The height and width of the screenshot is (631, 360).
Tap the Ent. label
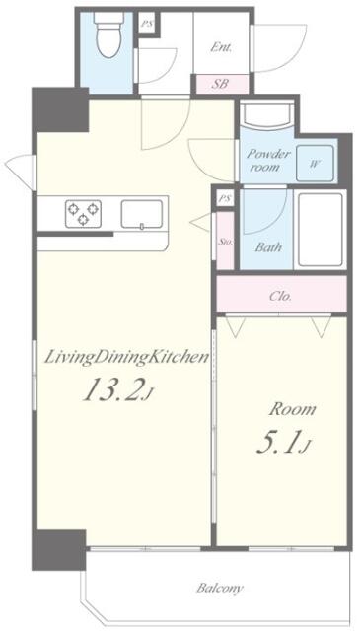[x=221, y=48]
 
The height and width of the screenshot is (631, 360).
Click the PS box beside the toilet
[x=147, y=24]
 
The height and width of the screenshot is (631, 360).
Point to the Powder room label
[x=268, y=160]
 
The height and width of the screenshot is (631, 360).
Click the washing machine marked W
[x=315, y=164]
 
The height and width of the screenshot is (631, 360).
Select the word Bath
[x=268, y=246]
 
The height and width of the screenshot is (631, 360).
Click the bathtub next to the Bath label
[x=321, y=230]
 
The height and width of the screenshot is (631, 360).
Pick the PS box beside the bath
[x=225, y=198]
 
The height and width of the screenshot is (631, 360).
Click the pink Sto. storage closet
[x=225, y=241]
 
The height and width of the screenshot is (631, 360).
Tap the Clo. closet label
[x=281, y=297]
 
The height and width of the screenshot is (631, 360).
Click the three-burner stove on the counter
[x=84, y=213]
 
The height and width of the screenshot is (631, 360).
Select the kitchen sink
[x=142, y=214]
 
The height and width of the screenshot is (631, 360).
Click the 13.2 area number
[x=113, y=389]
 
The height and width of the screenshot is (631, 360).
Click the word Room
[x=292, y=410]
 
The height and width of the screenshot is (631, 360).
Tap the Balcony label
[x=220, y=589]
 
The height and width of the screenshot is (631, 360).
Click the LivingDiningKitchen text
[x=126, y=358]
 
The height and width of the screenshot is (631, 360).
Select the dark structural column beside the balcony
[x=59, y=550]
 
